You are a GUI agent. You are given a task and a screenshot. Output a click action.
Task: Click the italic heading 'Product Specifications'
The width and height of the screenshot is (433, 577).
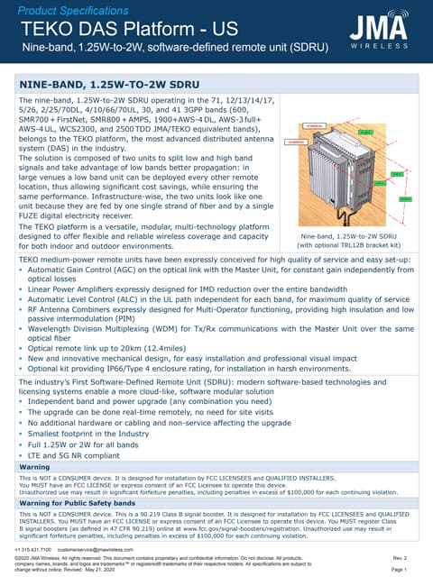(75, 9)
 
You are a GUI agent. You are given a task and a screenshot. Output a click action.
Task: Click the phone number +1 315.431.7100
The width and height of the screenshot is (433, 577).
(33, 549)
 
